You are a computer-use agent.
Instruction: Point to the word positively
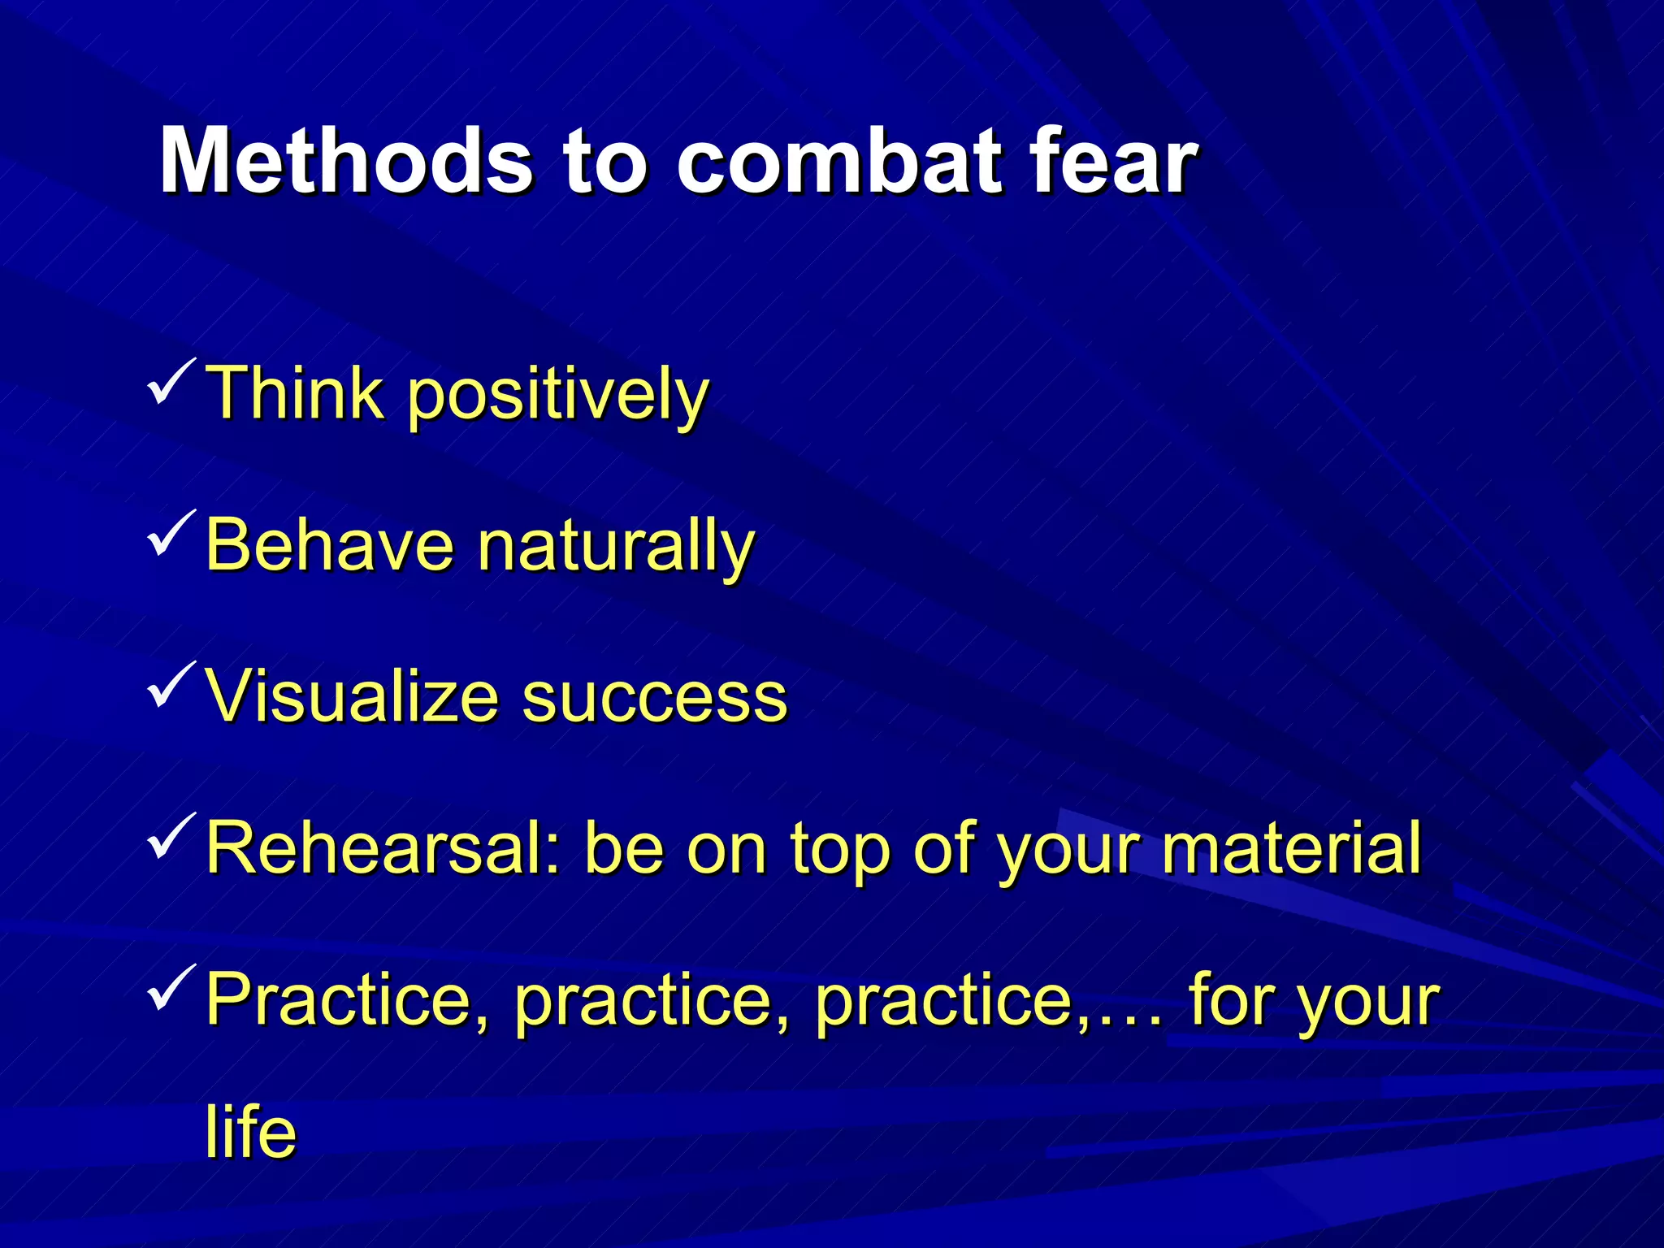(557, 395)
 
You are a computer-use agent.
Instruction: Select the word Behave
(330, 544)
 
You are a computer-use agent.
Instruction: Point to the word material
(1291, 848)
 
